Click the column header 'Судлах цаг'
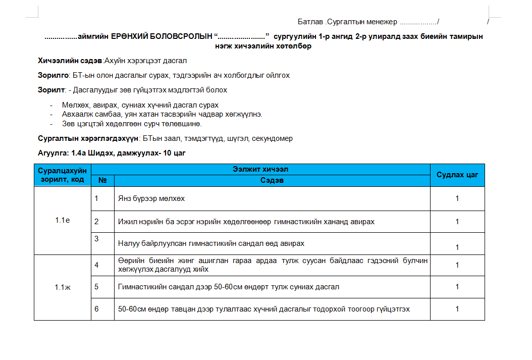(x=457, y=175)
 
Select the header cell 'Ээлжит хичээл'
(x=260, y=169)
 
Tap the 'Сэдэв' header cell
(x=272, y=180)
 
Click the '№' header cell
(x=102, y=180)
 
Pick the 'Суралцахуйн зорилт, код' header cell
(x=63, y=175)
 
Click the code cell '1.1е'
(x=63, y=221)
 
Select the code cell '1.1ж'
(x=63, y=287)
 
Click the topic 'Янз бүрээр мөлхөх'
(x=151, y=198)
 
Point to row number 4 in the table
(x=96, y=264)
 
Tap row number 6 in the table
(x=96, y=308)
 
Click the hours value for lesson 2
(x=457, y=222)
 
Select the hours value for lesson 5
(x=457, y=287)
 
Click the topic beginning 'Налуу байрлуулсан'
(x=211, y=243)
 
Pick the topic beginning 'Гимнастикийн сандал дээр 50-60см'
(x=228, y=287)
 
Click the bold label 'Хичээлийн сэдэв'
(x=70, y=61)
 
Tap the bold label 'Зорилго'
(x=53, y=75)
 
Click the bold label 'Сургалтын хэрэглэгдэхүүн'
(x=89, y=138)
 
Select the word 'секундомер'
(x=275, y=138)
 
